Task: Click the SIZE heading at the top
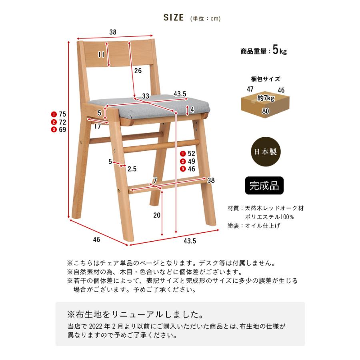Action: point(174,18)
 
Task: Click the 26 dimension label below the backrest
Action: point(138,71)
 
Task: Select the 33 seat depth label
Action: point(145,96)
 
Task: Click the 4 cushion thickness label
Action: point(192,110)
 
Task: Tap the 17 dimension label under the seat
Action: point(98,126)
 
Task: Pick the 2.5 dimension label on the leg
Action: point(132,169)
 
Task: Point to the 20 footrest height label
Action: point(156,215)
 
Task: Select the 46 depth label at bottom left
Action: point(96,240)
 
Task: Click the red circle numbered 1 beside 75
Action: point(54,114)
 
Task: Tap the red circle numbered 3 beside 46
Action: point(183,169)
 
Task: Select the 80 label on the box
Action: point(266,110)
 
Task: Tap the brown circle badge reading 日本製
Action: point(264,152)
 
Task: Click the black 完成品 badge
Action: point(264,186)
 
